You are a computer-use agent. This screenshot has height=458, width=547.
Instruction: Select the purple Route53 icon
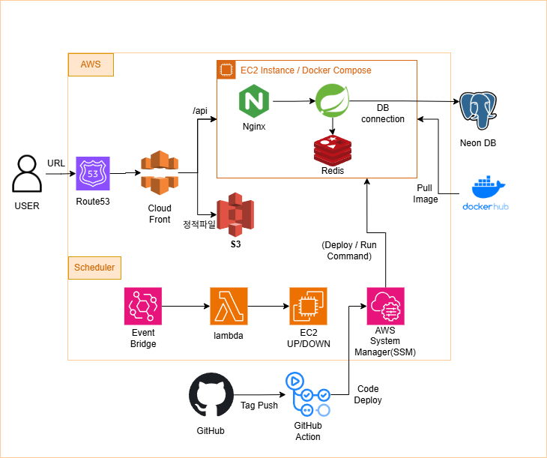point(92,173)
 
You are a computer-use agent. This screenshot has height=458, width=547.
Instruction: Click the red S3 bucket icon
point(235,214)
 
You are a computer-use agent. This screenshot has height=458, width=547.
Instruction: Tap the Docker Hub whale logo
point(485,193)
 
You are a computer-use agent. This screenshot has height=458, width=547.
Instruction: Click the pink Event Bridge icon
point(143,306)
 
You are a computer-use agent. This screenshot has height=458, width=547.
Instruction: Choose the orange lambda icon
point(229,306)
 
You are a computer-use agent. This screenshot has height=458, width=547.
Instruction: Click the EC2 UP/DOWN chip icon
point(308,306)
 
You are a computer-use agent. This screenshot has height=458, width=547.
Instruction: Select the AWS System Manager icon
point(386,306)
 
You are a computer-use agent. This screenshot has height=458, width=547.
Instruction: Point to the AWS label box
point(91,65)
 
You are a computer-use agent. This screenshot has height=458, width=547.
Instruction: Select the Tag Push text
point(259,406)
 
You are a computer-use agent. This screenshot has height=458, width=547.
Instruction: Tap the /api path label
point(200,111)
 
